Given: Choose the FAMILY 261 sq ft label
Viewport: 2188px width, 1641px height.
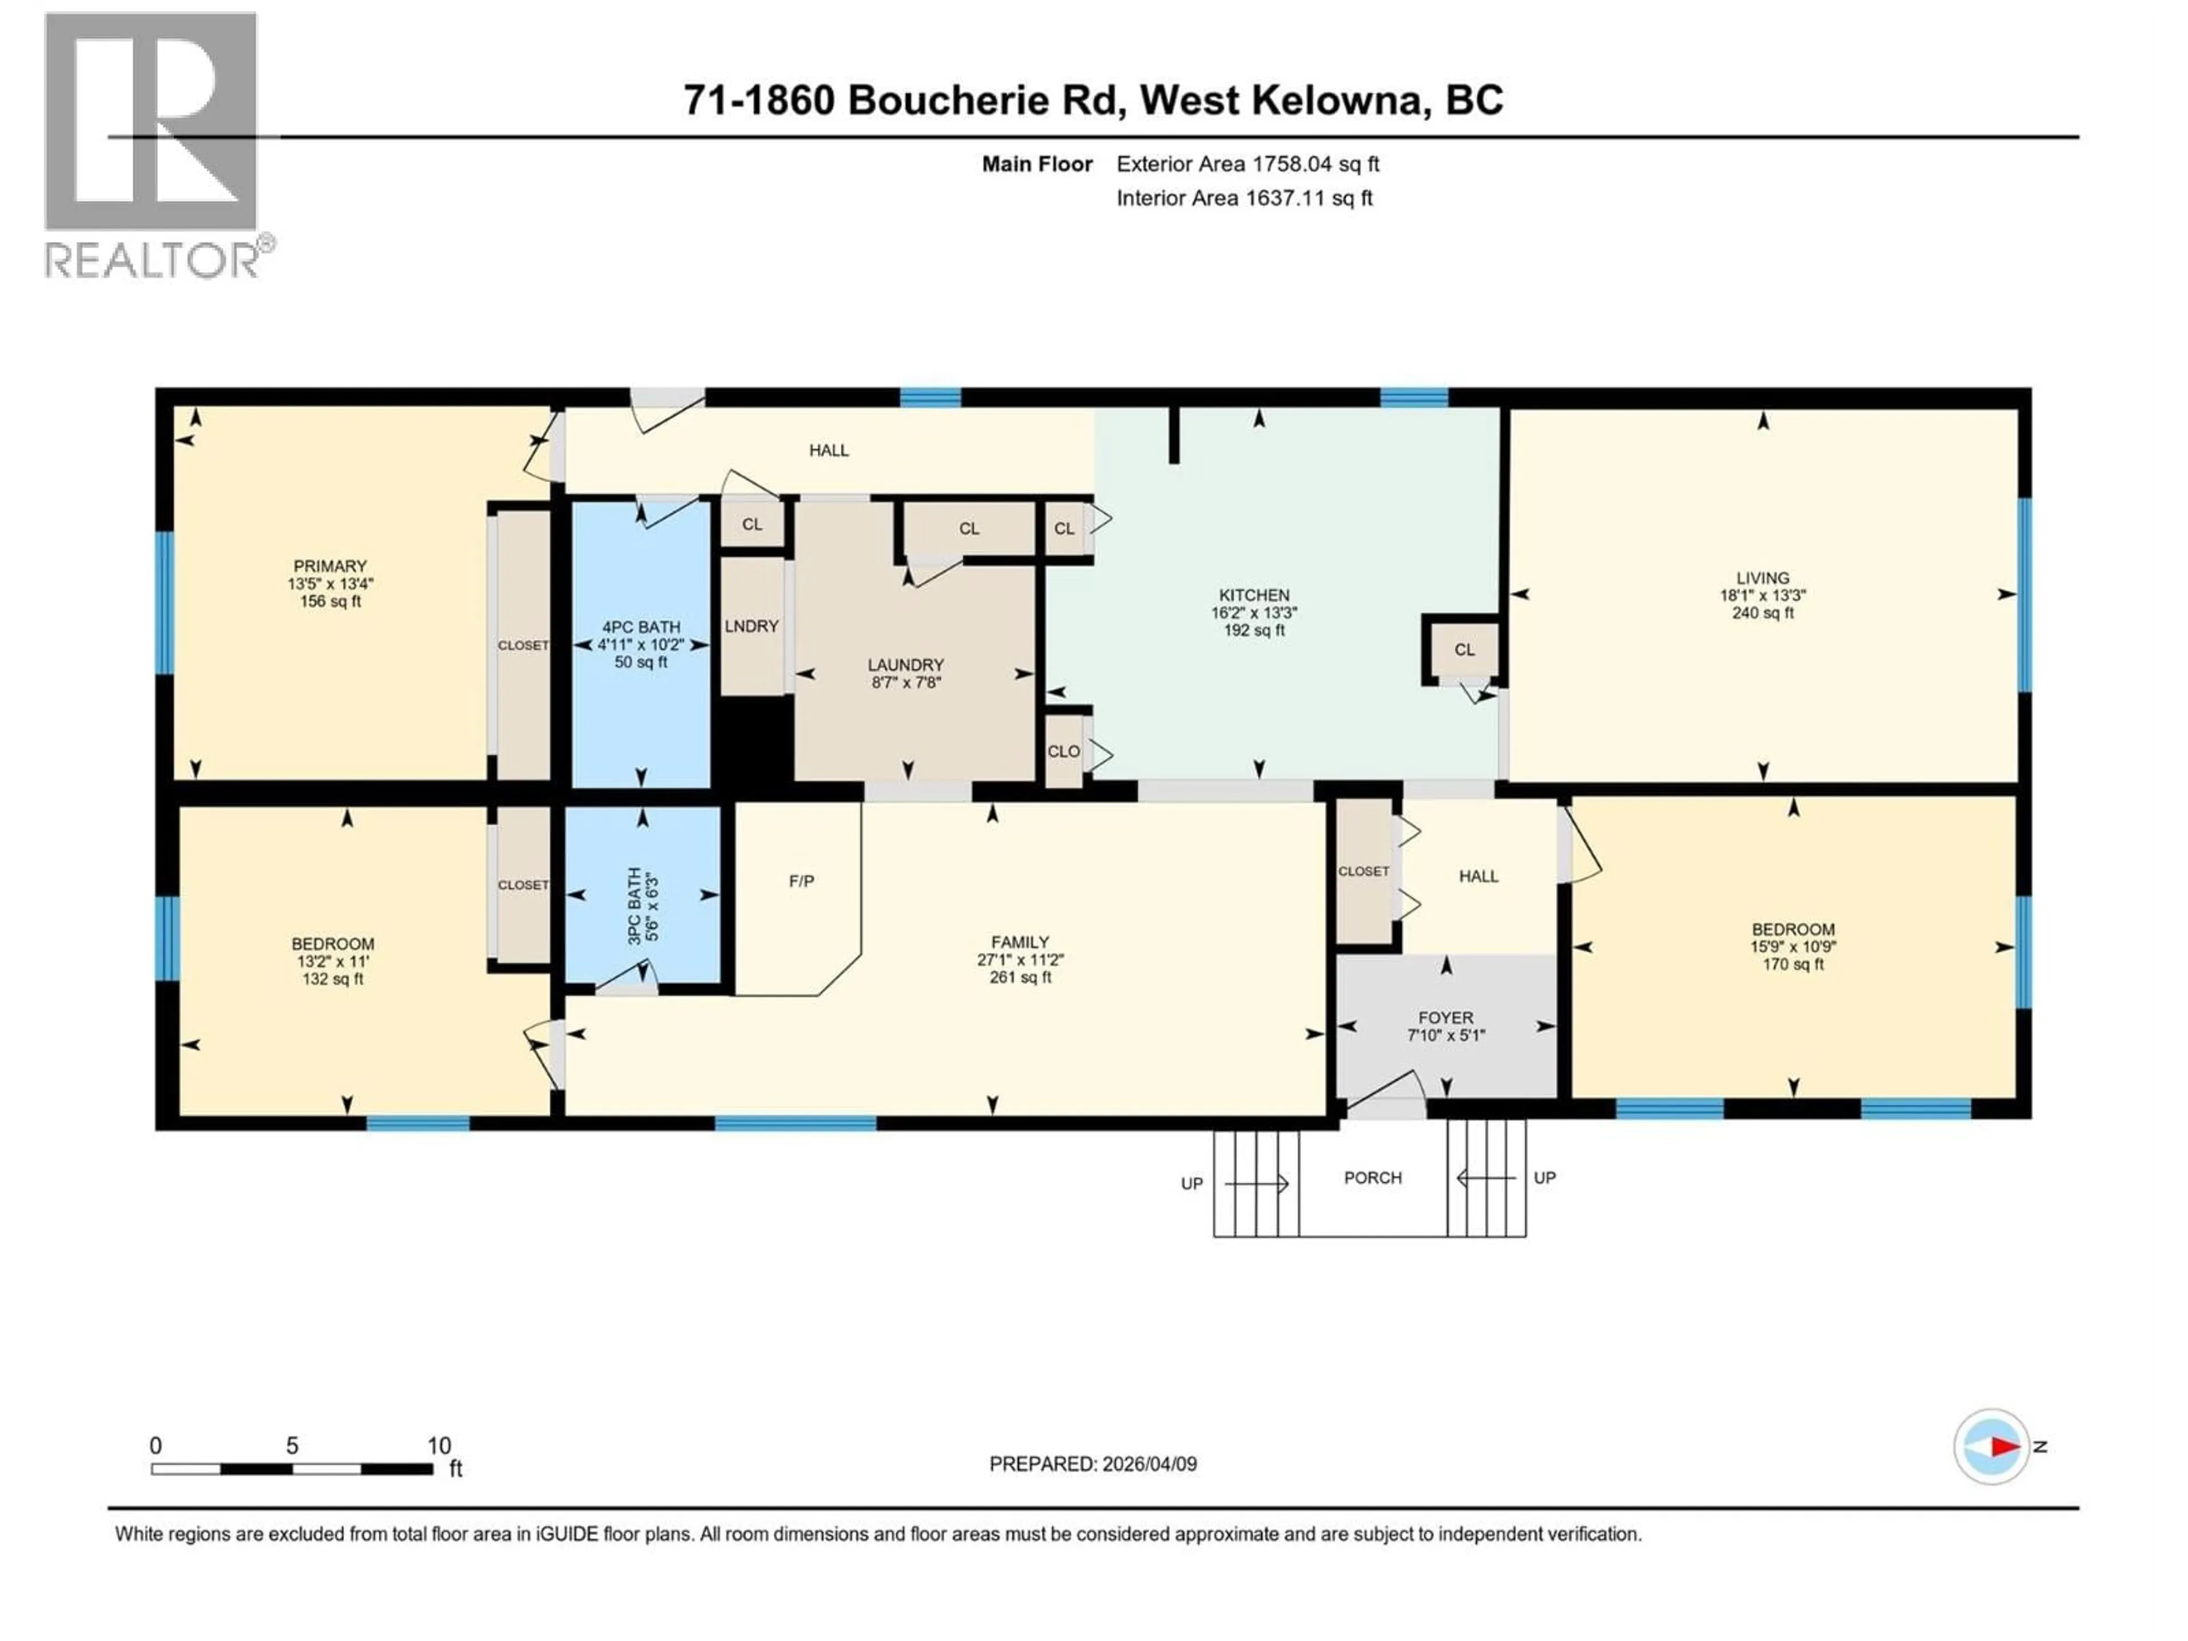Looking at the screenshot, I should click(x=1020, y=960).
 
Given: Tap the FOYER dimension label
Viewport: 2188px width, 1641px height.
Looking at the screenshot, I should click(x=1446, y=1026).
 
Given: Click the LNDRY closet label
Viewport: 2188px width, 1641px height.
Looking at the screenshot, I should click(x=752, y=626).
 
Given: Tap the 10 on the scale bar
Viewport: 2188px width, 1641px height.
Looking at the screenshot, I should click(x=438, y=1445).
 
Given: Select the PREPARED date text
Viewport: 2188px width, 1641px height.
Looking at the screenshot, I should click(x=1093, y=1464).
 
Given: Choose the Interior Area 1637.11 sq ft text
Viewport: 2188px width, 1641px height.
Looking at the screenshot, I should click(x=1244, y=198).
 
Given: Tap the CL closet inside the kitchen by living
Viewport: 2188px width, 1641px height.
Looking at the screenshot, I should click(x=1464, y=650).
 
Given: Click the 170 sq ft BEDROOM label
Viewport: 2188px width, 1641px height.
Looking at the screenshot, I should click(x=1793, y=946).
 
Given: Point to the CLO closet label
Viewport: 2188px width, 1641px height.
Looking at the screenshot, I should click(x=1063, y=752).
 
